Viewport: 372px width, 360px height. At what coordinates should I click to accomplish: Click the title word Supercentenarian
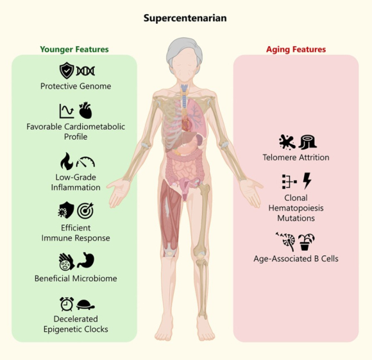pos(185,19)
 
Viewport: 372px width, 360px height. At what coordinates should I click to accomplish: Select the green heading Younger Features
pos(74,49)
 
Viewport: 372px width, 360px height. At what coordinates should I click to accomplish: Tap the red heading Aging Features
pos(296,49)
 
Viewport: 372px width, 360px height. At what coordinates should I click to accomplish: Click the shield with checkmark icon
pos(67,70)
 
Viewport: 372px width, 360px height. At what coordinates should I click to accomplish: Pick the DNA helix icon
pos(85,71)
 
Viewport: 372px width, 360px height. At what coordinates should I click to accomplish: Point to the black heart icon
pos(85,110)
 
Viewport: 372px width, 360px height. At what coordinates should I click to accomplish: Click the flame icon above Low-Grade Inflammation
pos(67,161)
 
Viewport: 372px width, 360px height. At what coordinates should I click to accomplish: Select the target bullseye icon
pos(85,210)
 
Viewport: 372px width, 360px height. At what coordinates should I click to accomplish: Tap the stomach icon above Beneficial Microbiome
pos(86,261)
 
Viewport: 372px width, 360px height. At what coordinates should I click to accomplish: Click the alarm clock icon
pos(67,304)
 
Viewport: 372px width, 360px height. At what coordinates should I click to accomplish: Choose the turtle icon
pos(85,305)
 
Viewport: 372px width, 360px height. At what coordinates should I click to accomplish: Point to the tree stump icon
pos(307,142)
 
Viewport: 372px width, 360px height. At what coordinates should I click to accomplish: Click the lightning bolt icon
pos(307,181)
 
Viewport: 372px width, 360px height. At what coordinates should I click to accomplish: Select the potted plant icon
pos(307,242)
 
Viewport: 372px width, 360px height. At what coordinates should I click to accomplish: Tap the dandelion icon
pos(286,241)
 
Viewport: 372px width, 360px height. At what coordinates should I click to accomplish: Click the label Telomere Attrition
pos(296,157)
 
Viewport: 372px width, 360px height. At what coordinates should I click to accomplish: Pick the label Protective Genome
pos(76,86)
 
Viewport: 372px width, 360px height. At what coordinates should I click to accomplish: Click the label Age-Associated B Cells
pos(296,259)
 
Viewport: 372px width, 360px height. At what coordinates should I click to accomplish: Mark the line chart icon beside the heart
pos(67,111)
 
